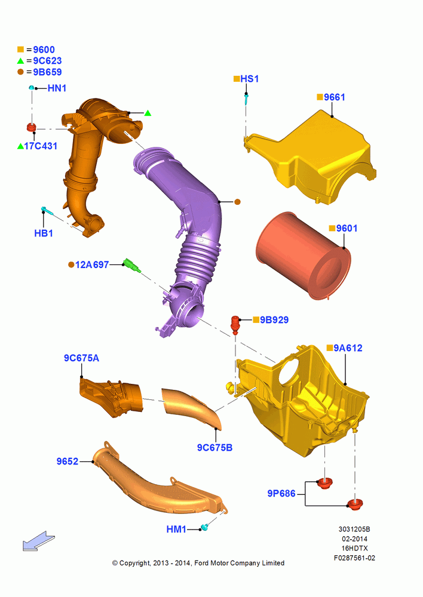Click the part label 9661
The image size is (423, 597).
pos(334,97)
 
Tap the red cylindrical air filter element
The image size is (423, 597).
pos(304,256)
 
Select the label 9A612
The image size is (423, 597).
pos(348,348)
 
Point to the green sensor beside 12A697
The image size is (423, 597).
pos(132,266)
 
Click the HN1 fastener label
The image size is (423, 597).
pos(57,88)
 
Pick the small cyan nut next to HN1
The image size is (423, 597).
pos(32,88)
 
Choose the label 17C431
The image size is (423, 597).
pos(41,146)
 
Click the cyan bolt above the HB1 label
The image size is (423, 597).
pos(47,210)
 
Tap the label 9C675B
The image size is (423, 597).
pos(214,448)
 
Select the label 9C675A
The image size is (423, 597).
pos(81,358)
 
